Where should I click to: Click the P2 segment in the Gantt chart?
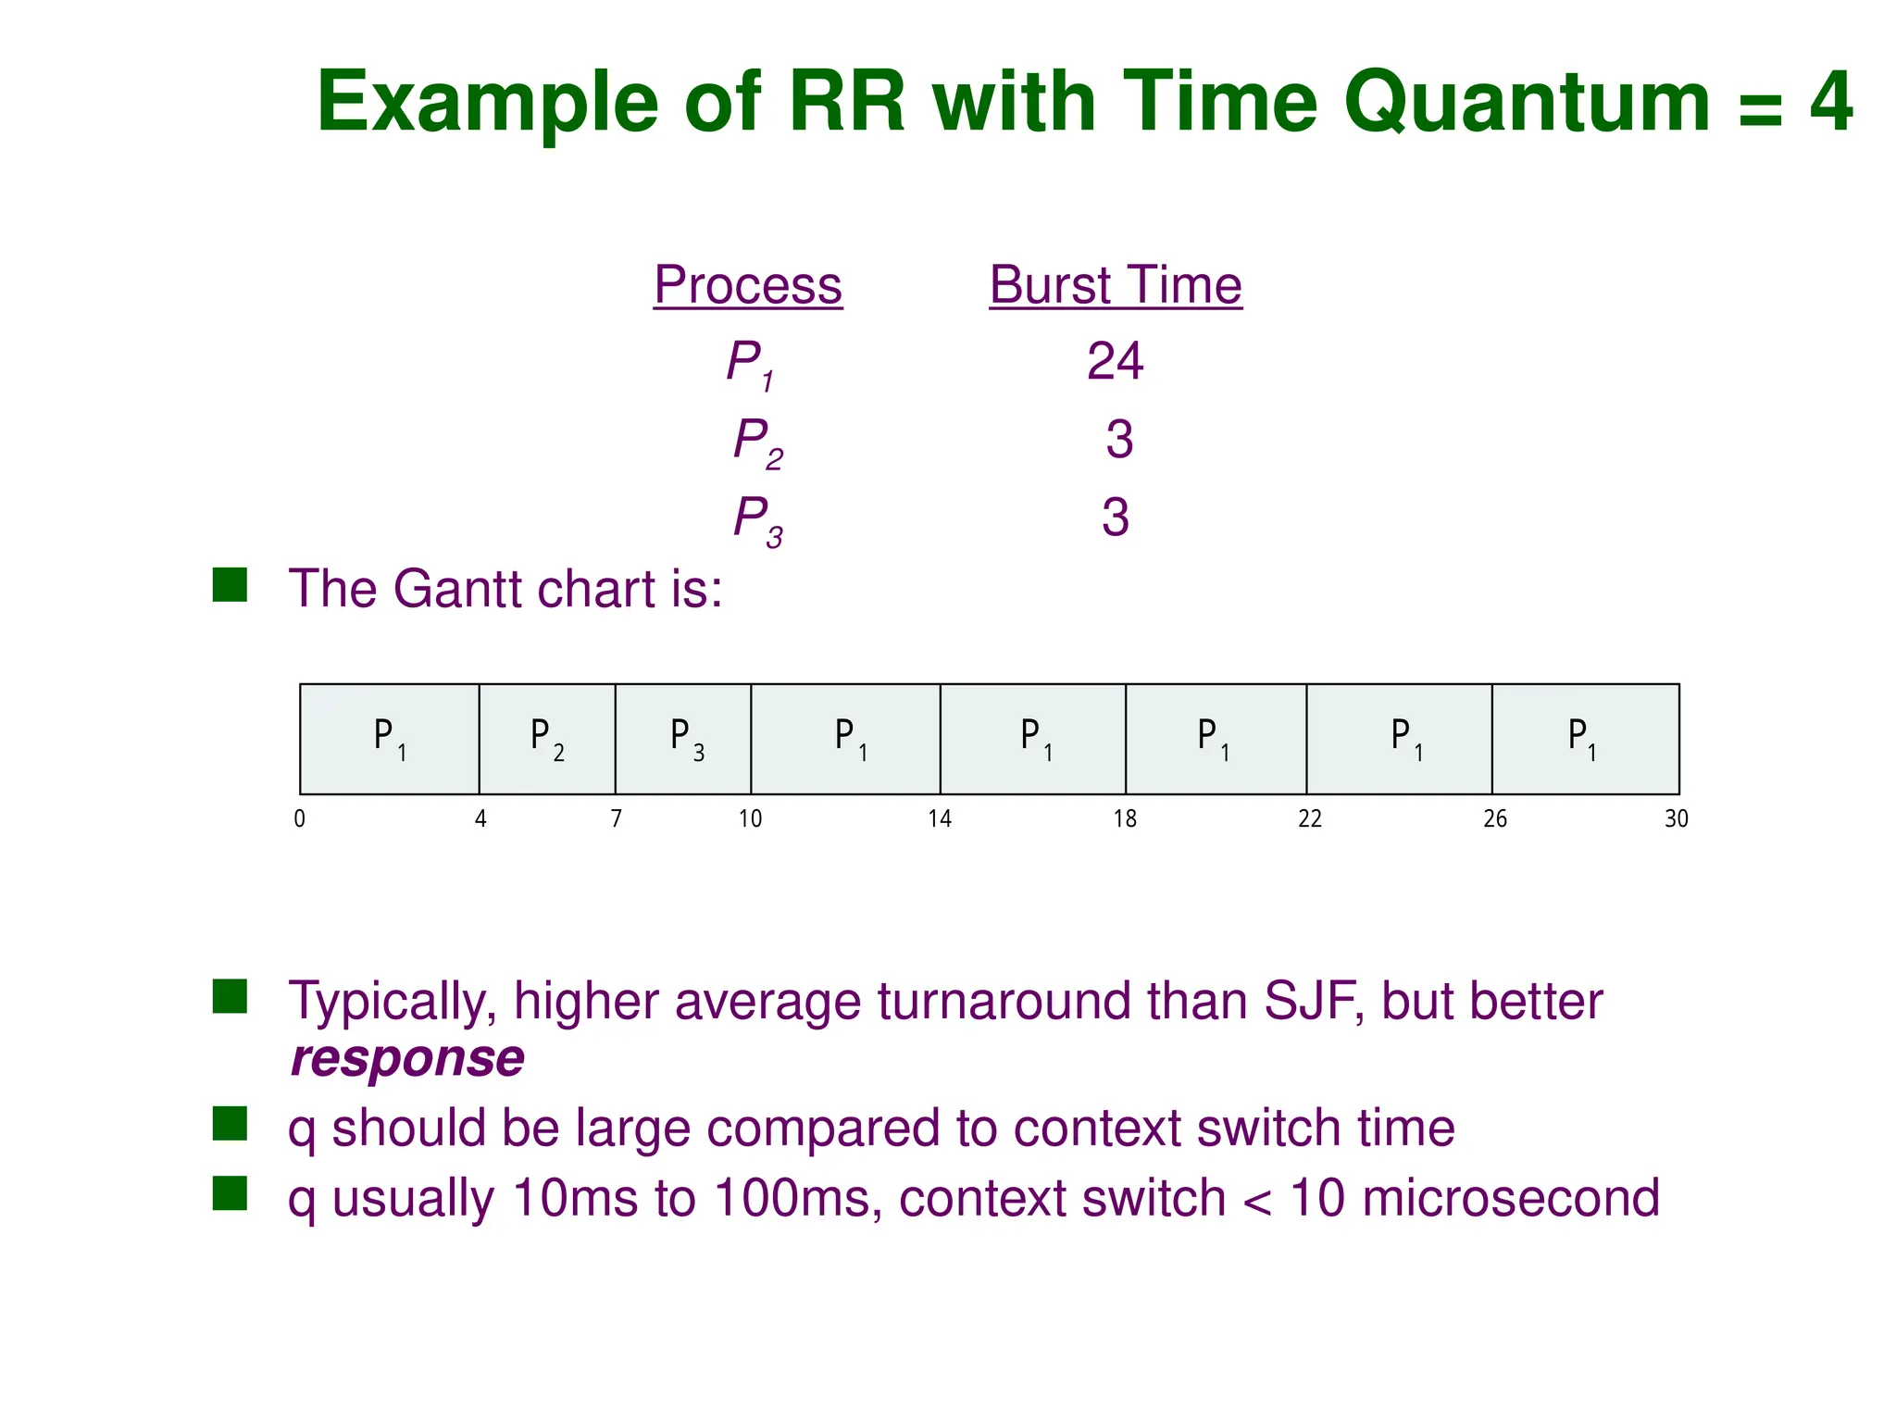547,739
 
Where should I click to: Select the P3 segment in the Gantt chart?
683,739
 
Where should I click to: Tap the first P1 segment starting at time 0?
390,739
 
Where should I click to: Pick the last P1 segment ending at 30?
1585,739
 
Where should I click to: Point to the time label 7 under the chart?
616,818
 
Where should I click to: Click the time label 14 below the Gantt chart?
940,818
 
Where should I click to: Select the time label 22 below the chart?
1310,818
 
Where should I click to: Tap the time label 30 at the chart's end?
1677,818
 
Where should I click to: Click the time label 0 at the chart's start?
299,818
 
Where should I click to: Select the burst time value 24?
1115,361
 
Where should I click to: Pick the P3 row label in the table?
757,519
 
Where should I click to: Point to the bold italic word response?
407,1058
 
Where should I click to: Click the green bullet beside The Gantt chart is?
230,585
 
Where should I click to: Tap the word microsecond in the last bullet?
1511,1198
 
